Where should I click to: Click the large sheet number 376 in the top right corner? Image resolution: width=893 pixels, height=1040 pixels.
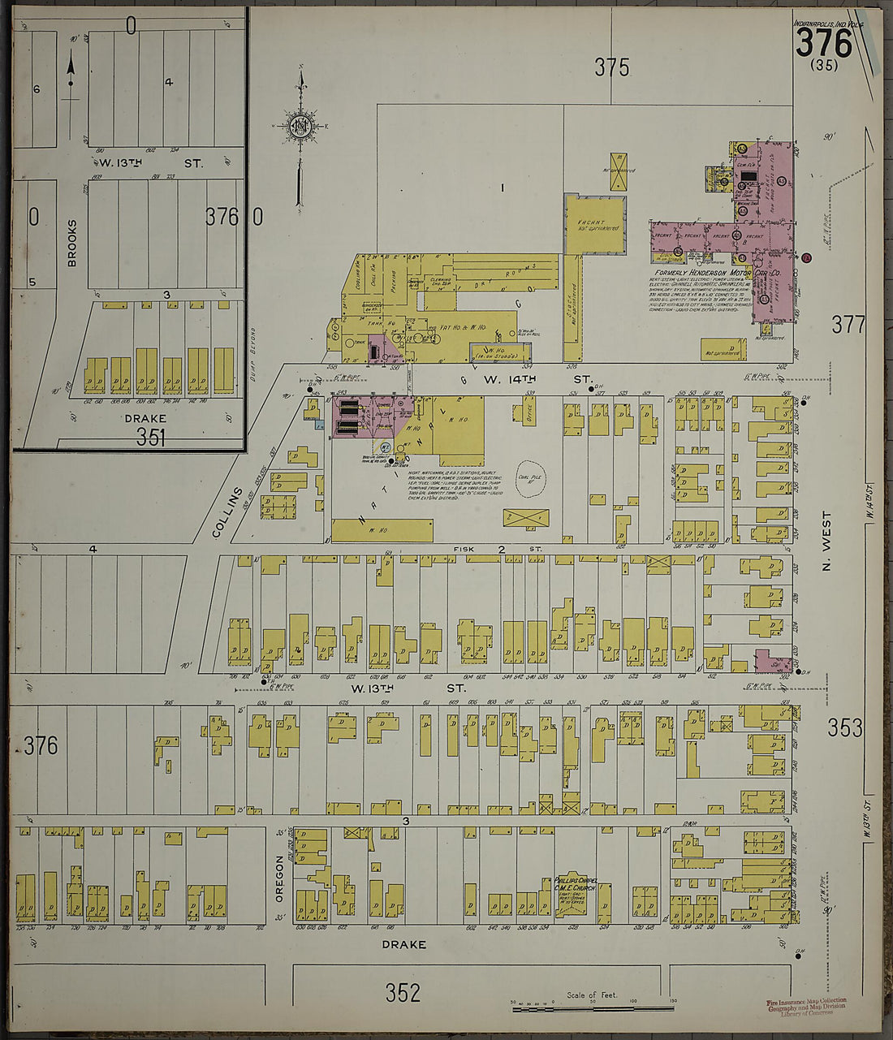(x=823, y=43)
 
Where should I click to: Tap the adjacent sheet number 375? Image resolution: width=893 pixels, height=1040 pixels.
(x=611, y=68)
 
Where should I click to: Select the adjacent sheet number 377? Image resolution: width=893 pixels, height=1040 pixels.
(x=848, y=326)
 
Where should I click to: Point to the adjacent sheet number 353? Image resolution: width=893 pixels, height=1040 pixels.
(x=845, y=728)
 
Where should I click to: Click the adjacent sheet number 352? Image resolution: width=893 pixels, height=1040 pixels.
(x=403, y=992)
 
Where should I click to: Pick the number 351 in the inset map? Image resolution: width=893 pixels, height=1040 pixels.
(x=151, y=438)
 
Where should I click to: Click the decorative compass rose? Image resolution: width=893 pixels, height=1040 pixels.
(x=300, y=126)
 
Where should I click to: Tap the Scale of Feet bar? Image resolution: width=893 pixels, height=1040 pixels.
(x=592, y=1008)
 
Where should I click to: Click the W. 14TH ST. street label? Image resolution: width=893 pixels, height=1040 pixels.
(x=536, y=379)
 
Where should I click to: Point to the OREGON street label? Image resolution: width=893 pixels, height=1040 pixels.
(x=280, y=878)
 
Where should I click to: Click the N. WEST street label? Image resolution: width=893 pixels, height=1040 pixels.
(x=827, y=540)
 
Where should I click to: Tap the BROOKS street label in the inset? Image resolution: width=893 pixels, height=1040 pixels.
(x=71, y=243)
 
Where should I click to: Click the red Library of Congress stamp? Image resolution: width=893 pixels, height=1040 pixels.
(x=806, y=1007)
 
